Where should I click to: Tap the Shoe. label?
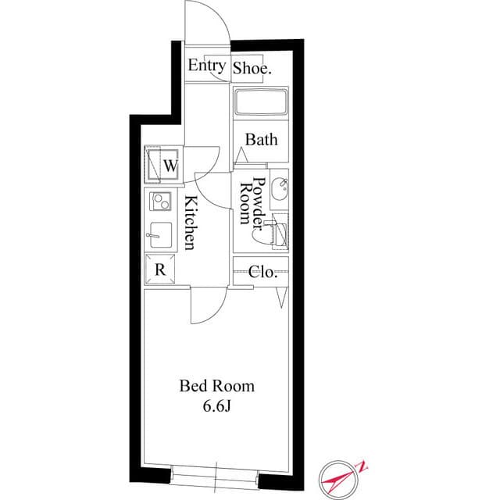[253, 68]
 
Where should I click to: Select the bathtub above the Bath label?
[261, 103]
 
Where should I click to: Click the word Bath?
[261, 140]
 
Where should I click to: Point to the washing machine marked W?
[163, 165]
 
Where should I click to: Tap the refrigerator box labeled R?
[160, 270]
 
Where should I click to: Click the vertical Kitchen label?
[190, 222]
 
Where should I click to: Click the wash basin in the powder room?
[280, 187]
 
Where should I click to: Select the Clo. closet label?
[262, 272]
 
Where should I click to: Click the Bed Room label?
[217, 386]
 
